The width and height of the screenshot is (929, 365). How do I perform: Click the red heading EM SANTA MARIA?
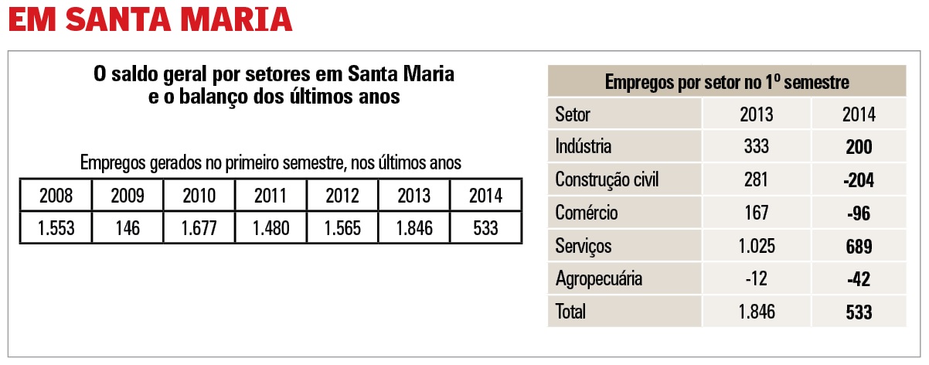[150, 19]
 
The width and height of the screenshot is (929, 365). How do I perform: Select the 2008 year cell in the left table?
[56, 196]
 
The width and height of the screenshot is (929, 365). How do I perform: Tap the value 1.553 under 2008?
[56, 228]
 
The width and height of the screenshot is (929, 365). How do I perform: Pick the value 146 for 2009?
[128, 228]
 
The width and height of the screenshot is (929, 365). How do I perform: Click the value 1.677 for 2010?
[199, 228]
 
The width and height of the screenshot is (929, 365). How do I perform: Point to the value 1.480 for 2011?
[271, 228]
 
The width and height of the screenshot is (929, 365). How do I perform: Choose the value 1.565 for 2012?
[342, 228]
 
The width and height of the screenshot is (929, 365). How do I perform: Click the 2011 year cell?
[271, 196]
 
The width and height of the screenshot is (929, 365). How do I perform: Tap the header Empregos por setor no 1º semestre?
[727, 81]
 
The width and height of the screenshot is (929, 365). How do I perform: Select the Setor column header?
[573, 114]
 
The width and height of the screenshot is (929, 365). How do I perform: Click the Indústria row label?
[584, 147]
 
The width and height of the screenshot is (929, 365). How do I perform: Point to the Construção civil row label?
[607, 180]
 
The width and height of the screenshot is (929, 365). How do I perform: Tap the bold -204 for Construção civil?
[859, 180]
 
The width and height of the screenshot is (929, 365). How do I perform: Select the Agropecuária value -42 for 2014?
[859, 278]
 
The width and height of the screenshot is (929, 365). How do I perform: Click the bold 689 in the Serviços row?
[859, 246]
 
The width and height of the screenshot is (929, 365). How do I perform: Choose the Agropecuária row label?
[598, 278]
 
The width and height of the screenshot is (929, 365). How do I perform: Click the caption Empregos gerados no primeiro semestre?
[271, 163]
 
